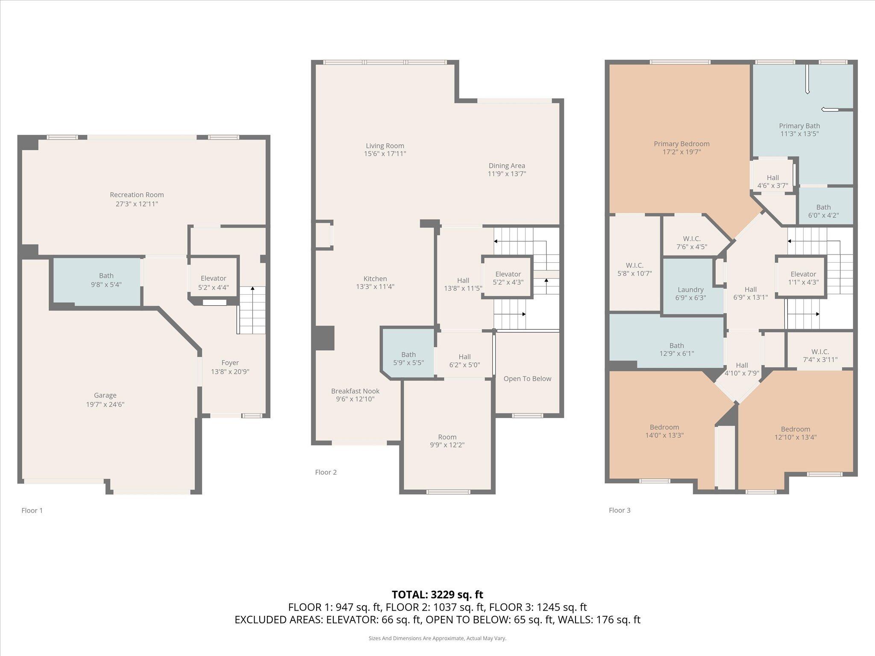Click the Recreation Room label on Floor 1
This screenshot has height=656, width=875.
tap(137, 195)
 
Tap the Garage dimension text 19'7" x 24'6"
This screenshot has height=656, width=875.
tap(105, 404)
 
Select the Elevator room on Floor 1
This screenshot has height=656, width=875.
tap(213, 282)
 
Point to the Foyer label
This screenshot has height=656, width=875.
tap(230, 363)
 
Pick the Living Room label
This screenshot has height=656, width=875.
tap(385, 146)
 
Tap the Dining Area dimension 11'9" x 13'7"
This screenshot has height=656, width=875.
tap(507, 174)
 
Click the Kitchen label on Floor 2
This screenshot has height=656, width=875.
tap(375, 278)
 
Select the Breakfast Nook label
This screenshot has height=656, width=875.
tap(355, 391)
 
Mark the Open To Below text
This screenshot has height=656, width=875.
tap(527, 378)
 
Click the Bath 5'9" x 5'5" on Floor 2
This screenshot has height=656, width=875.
tap(408, 358)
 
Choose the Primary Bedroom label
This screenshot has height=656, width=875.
tap(681, 144)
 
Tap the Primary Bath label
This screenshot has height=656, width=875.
tap(799, 126)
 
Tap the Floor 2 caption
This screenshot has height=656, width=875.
tap(326, 472)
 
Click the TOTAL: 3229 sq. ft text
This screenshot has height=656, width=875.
tap(437, 594)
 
